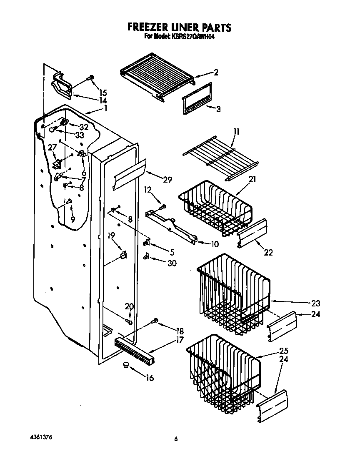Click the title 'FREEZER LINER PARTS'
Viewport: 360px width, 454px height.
(179, 28)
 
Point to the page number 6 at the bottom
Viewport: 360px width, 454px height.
(176, 439)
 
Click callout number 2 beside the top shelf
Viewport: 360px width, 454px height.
(216, 72)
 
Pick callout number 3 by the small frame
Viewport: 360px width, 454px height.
(218, 109)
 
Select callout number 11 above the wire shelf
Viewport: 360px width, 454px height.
(236, 132)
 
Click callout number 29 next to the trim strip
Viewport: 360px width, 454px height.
(167, 180)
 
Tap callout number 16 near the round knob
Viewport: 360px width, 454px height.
(150, 378)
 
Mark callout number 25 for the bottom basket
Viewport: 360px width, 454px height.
(284, 351)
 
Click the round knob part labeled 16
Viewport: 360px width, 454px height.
(125, 366)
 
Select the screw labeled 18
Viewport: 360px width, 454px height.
(155, 321)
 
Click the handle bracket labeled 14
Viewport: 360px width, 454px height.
(62, 85)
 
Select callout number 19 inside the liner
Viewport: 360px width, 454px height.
(111, 236)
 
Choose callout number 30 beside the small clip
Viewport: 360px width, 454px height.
(171, 263)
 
